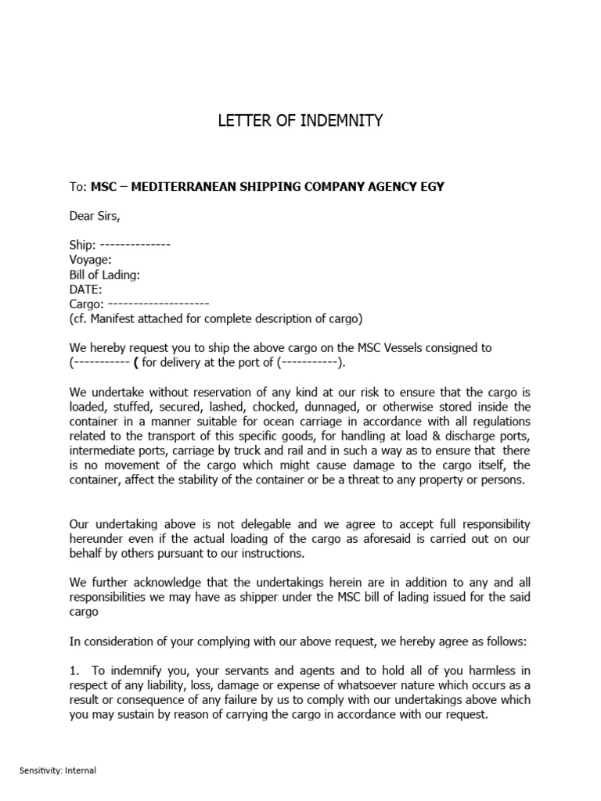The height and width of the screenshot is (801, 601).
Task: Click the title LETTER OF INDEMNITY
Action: point(300,120)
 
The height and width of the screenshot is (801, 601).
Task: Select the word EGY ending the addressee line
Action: point(433,186)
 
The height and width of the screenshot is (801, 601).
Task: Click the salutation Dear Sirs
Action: point(95,216)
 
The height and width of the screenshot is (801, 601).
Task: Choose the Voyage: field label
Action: point(91,260)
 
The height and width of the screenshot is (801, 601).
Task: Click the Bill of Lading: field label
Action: point(105,275)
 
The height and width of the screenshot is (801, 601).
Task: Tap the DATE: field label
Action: point(86,289)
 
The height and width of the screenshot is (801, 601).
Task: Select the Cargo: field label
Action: point(86,304)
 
